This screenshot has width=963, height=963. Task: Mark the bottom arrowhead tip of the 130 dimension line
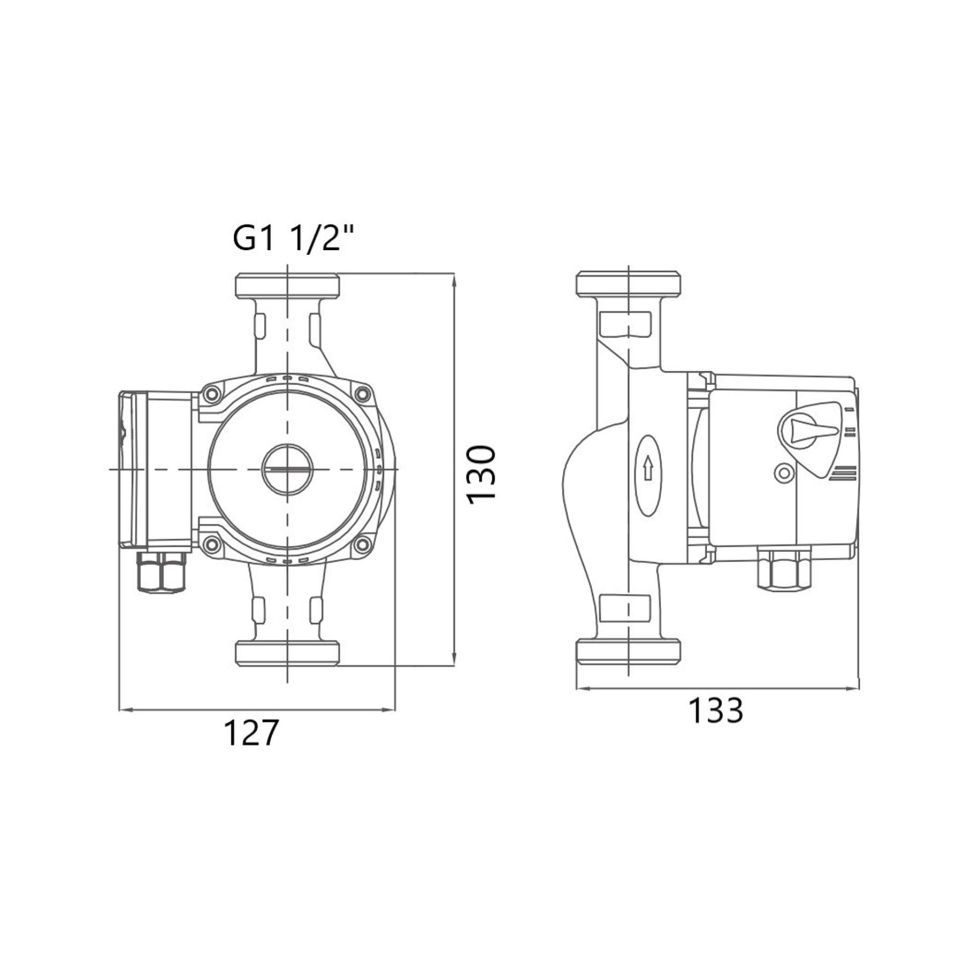pyautogui.click(x=454, y=666)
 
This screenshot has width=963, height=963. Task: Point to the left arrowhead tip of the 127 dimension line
pyautogui.click(x=118, y=710)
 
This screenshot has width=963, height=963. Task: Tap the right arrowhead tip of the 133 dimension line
pyautogui.click(x=859, y=689)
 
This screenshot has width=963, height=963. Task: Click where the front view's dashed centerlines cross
pyautogui.click(x=288, y=469)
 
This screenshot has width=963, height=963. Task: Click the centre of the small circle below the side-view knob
pyautogui.click(x=784, y=473)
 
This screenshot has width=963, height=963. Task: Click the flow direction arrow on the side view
pyautogui.click(x=648, y=468)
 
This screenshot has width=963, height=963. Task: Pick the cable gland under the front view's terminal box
pyautogui.click(x=162, y=572)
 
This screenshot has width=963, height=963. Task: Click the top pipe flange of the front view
pyautogui.click(x=287, y=286)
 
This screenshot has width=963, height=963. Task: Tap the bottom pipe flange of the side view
pyautogui.click(x=629, y=651)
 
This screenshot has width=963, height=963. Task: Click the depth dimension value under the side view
pyautogui.click(x=715, y=710)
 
